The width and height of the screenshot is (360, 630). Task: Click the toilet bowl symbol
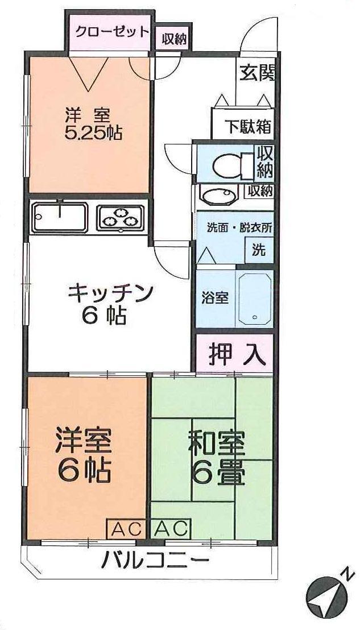click(227, 164)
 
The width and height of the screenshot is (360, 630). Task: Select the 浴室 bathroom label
click(216, 297)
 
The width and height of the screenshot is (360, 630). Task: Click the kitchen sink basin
click(60, 216)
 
